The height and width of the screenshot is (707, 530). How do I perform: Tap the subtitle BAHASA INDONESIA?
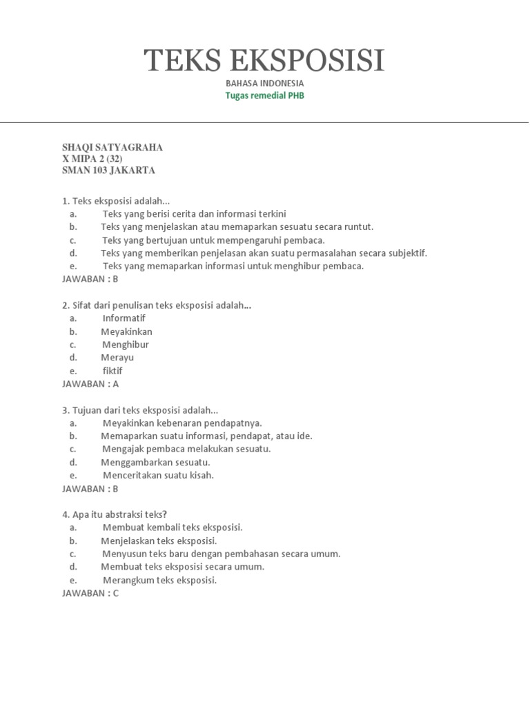point(264,84)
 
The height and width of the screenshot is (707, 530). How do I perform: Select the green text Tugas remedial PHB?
point(264,96)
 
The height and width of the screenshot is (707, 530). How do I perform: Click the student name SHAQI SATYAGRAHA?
point(112,148)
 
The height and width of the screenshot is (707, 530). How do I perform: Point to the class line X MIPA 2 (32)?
point(92,159)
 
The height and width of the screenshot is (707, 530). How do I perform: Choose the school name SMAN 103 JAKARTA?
point(108,170)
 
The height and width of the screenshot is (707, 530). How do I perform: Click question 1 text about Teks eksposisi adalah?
point(116,201)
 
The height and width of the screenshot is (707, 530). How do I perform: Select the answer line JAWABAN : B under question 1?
point(90,280)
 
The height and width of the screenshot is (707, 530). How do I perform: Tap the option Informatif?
point(124,318)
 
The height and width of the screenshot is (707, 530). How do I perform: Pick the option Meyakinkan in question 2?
point(127,331)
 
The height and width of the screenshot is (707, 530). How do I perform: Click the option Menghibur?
point(126,345)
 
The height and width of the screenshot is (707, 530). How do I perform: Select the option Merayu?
point(117,358)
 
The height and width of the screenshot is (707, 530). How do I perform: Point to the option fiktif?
point(112,371)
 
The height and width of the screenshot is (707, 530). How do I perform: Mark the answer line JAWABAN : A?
point(90,384)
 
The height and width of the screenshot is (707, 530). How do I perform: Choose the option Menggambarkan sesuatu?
point(156,463)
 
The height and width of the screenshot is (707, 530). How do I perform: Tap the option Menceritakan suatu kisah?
point(159,476)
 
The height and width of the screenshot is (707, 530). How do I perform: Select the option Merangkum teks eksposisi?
point(160,581)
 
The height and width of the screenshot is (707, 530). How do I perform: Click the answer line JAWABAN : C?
point(90,593)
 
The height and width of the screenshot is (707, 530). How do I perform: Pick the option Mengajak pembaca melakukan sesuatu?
point(186,449)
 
